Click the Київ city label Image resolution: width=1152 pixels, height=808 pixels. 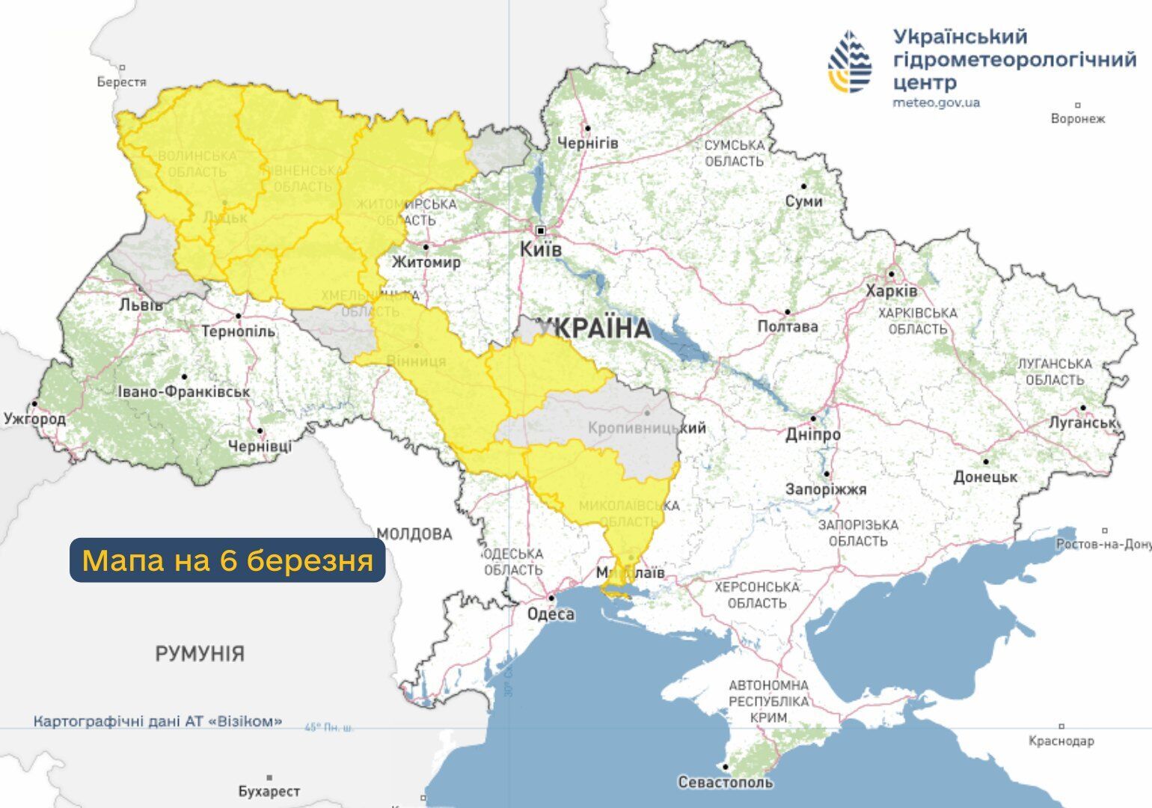click(540, 249)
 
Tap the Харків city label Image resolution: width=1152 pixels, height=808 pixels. click(891, 291)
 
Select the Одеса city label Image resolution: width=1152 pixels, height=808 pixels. click(551, 614)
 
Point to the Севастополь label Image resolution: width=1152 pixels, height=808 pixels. click(725, 783)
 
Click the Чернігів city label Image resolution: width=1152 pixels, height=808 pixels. click(588, 142)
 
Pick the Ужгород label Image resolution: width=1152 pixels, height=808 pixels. click(34, 419)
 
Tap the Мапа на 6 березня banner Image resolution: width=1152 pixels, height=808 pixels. click(227, 560)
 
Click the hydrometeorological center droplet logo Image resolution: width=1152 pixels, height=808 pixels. click(850, 62)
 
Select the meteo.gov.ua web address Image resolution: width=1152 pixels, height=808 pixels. click(936, 103)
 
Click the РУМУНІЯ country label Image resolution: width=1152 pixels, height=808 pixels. click(200, 654)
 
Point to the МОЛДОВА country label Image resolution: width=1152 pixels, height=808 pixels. click(414, 534)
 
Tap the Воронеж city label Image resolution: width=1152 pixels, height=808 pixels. click(1077, 118)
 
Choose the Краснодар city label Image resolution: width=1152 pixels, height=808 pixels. click(1061, 741)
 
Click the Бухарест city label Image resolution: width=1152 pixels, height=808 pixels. click(269, 791)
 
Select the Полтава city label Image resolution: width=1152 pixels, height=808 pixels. click(788, 326)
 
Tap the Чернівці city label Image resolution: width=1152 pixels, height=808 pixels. click(260, 446)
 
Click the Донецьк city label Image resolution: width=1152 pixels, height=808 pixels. click(985, 477)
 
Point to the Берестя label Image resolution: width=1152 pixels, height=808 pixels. click(121, 82)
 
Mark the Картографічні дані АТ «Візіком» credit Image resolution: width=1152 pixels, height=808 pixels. click(158, 722)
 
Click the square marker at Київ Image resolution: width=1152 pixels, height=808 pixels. click(540, 230)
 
